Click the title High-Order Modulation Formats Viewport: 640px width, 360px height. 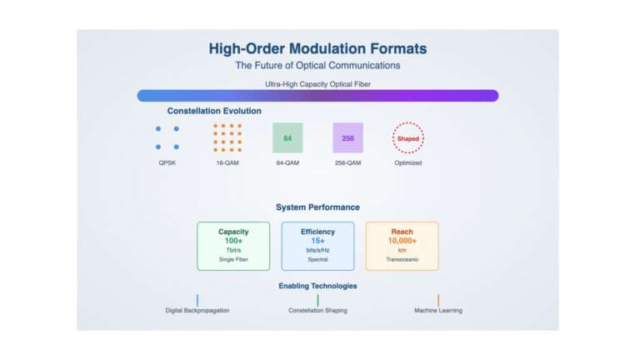tap(317, 48)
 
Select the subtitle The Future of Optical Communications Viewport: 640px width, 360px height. tap(317, 65)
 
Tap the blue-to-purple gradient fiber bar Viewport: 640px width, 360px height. tap(317, 96)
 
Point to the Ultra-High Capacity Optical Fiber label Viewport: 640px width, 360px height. tap(317, 84)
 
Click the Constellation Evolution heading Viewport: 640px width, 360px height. tap(214, 111)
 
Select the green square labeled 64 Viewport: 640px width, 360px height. tap(287, 138)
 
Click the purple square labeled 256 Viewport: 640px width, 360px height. tap(347, 138)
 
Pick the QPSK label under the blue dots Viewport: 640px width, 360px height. tap(167, 162)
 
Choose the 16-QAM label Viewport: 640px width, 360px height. tap(227, 162)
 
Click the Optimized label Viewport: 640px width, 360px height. tap(408, 162)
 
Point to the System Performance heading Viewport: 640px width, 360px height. tap(317, 207)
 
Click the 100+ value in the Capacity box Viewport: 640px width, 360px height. tap(233, 241)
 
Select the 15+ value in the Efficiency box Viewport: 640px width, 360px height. tap(317, 241)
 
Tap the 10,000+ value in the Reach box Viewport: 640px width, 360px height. tap(402, 241)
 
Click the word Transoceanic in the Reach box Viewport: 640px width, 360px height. tap(402, 259)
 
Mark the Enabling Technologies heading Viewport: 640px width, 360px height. tap(317, 286)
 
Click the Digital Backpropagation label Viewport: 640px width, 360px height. tap(197, 311)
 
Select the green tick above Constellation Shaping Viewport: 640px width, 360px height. tap(317, 300)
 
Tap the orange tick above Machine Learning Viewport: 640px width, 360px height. tap(438, 300)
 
